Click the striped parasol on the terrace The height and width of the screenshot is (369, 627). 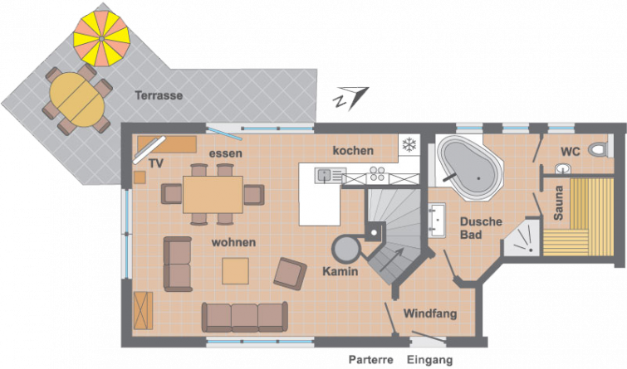coord(101,38)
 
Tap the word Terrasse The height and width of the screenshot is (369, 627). coord(159,95)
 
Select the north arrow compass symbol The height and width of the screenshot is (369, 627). coord(351,98)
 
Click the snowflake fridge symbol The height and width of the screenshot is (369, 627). coord(409,144)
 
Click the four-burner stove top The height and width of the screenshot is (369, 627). coord(377,174)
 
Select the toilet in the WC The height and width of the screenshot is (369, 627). coord(600,149)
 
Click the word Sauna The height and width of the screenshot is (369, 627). coord(559,203)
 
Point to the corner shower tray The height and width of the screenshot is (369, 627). coord(523,236)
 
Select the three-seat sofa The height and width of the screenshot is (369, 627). coord(245,317)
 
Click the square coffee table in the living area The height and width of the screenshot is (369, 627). coord(236,271)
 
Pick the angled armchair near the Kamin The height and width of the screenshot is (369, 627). coord(291,274)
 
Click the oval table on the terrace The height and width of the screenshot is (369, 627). coord(76,100)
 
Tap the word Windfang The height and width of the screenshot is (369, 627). coord(430,314)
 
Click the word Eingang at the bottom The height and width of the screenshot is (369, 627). coord(430,360)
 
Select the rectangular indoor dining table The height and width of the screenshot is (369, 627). coord(213,195)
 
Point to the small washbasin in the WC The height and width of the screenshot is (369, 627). coord(563,169)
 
